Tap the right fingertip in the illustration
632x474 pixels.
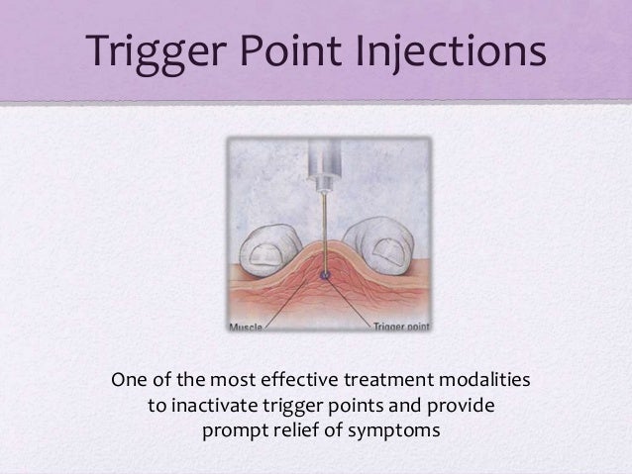pyautogui.click(x=381, y=243)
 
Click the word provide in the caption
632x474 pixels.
pyautogui.click(x=458, y=406)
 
